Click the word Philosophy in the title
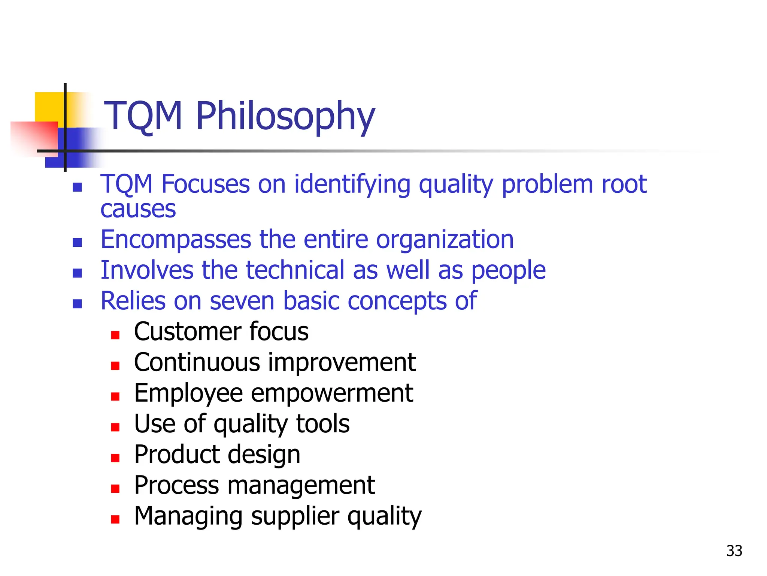[x=285, y=116]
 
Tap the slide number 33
[x=734, y=551]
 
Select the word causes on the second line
[x=138, y=209]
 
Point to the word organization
[x=445, y=240]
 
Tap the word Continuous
[x=197, y=363]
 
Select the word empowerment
[x=332, y=393]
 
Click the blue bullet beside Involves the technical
[x=77, y=273]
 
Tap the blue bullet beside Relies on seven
[x=77, y=304]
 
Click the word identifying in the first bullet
[x=352, y=185]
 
